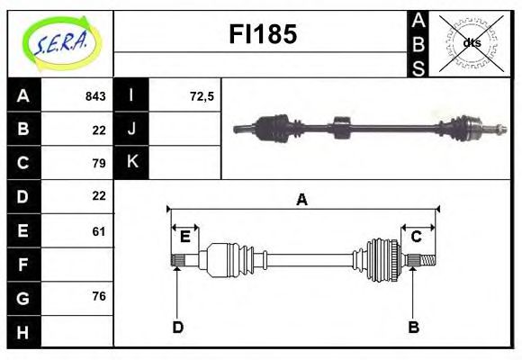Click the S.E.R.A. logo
[60, 40]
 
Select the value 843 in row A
[94, 95]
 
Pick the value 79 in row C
[99, 163]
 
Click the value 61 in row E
[99, 231]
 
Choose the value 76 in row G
[99, 298]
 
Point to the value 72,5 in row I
[202, 95]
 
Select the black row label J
[132, 129]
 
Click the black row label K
[132, 163]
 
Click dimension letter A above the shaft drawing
[301, 200]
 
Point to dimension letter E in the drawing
[184, 237]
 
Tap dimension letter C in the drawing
[417, 237]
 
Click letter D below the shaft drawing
[177, 327]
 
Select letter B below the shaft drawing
[413, 327]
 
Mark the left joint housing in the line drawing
[218, 260]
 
